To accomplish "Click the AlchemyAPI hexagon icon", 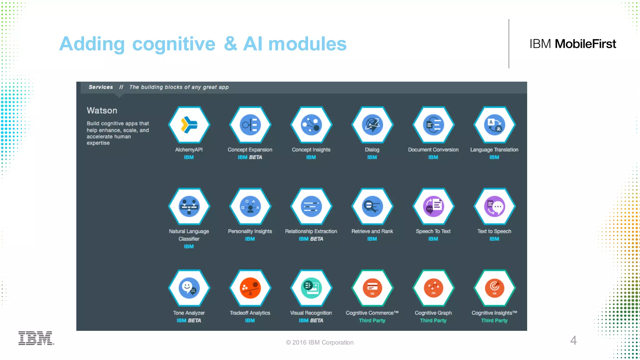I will pyautogui.click(x=189, y=125).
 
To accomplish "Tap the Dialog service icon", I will pyautogui.click(x=372, y=125).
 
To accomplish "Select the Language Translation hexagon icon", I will pyautogui.click(x=494, y=125).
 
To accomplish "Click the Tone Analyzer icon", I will pyautogui.click(x=189, y=288).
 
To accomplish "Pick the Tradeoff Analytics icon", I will pyautogui.click(x=250, y=288).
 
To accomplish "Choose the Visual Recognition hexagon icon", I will pyautogui.click(x=311, y=288).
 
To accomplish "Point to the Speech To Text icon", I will pyautogui.click(x=433, y=206).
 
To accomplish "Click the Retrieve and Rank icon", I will pyautogui.click(x=372, y=206).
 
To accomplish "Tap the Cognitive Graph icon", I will pyautogui.click(x=433, y=288).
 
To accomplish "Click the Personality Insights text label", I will pyautogui.click(x=250, y=231).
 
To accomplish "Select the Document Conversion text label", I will pyautogui.click(x=433, y=150).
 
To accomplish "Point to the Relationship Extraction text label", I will pyautogui.click(x=311, y=231).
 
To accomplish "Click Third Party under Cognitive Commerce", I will pyautogui.click(x=372, y=320).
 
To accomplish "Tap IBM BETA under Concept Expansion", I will pyautogui.click(x=250, y=157).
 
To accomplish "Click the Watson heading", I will pyautogui.click(x=102, y=111).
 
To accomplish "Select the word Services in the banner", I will pyautogui.click(x=101, y=87).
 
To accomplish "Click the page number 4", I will pyautogui.click(x=573, y=340).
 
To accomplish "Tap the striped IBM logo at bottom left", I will pyautogui.click(x=36, y=338).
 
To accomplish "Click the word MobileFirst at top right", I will pyautogui.click(x=585, y=44).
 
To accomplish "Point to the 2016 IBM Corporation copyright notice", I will pyautogui.click(x=320, y=342).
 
